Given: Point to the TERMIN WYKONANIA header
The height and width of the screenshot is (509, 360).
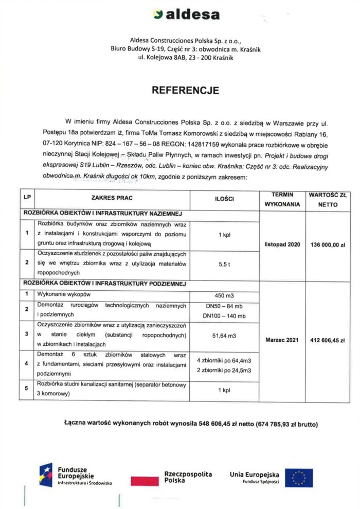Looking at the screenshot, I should click(x=282, y=199).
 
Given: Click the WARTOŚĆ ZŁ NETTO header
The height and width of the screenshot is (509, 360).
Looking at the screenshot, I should click(x=328, y=199).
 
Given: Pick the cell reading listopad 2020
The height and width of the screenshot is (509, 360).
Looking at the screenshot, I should click(x=282, y=244).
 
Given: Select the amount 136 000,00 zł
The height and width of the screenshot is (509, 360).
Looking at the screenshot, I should click(x=328, y=244).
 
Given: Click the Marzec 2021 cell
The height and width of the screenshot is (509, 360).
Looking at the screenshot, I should click(x=282, y=340).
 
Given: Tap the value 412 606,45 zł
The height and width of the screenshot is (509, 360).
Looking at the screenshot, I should click(x=328, y=340).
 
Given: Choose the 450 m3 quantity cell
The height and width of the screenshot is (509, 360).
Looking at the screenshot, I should click(x=224, y=295).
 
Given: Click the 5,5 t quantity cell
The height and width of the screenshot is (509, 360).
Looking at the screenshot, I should click(x=224, y=264).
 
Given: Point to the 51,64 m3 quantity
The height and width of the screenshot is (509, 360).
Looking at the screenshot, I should click(x=224, y=336).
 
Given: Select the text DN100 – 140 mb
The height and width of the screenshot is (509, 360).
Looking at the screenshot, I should click(x=224, y=315).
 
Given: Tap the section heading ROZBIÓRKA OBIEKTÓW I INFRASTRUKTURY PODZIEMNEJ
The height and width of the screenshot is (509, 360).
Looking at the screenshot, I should click(x=103, y=284).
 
